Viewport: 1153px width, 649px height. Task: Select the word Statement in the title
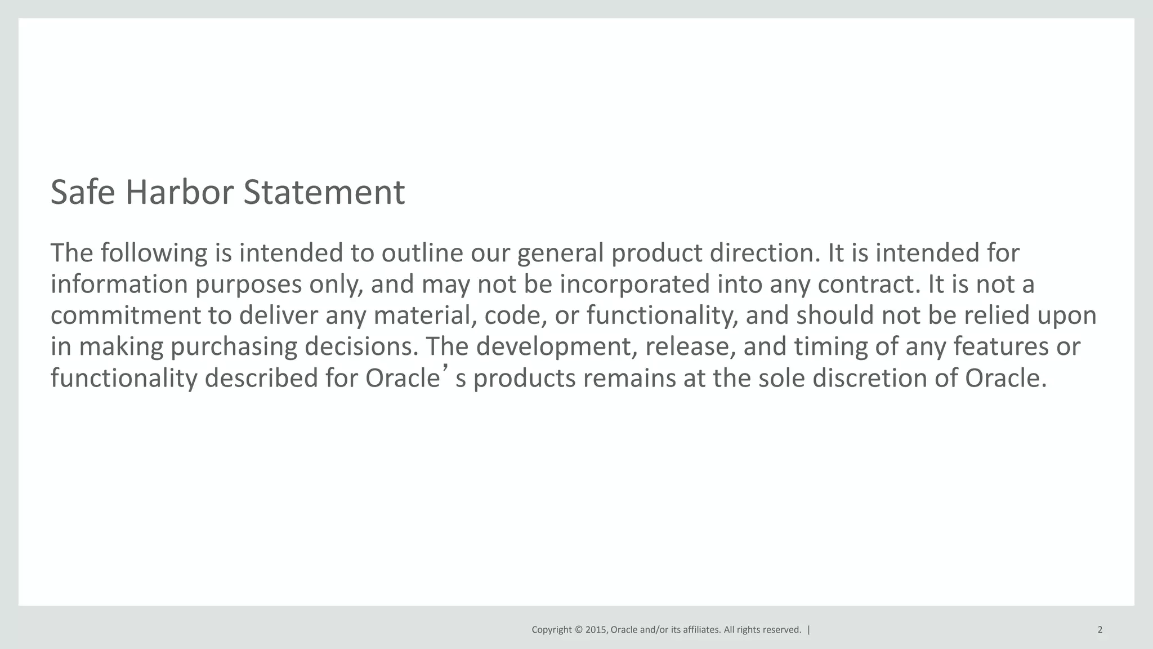324,192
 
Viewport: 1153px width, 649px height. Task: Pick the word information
119,284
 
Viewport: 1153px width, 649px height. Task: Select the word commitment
126,315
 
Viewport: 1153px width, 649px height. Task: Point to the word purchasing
234,346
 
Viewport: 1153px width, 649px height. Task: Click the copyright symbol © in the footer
579,630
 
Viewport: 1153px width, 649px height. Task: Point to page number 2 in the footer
1100,630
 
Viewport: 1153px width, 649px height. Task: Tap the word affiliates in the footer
701,630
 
